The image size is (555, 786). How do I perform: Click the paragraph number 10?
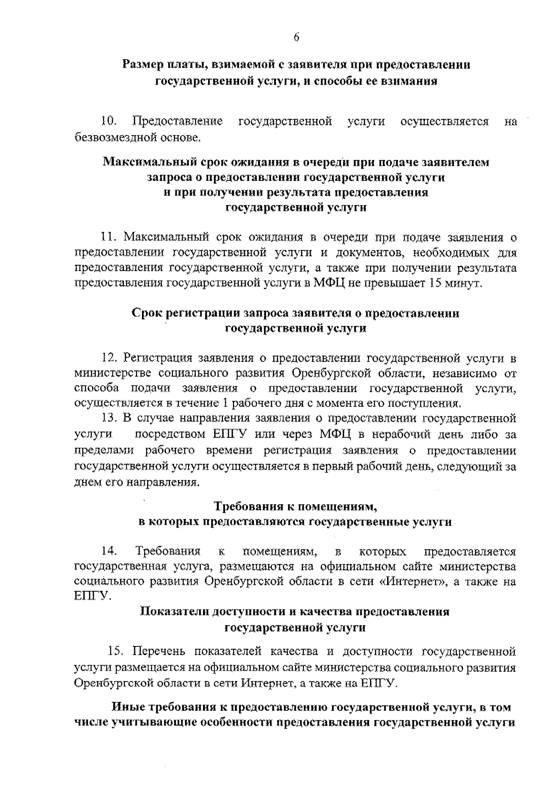click(109, 122)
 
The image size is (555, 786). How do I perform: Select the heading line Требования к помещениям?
click(296, 506)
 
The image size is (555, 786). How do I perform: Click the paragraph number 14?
click(109, 551)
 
